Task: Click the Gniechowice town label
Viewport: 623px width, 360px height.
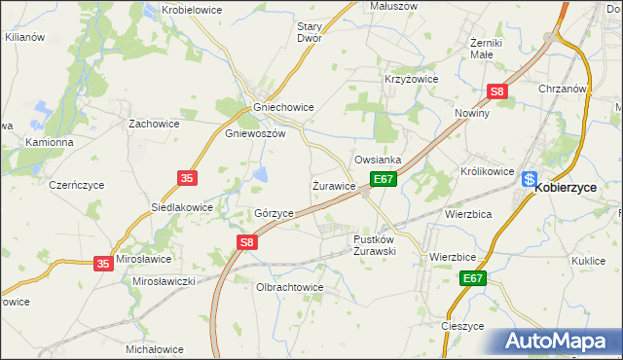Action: pyautogui.click(x=282, y=108)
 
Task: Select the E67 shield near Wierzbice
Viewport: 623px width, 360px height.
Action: pyautogui.click(x=473, y=278)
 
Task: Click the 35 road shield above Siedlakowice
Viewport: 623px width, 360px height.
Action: pyautogui.click(x=189, y=177)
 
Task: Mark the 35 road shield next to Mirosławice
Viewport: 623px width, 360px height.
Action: pyautogui.click(x=104, y=263)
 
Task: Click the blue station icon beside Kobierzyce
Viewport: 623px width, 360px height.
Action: pyautogui.click(x=529, y=179)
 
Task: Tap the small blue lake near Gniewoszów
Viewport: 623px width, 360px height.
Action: pyautogui.click(x=262, y=175)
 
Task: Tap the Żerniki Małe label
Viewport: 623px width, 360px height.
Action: pyautogui.click(x=485, y=49)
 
